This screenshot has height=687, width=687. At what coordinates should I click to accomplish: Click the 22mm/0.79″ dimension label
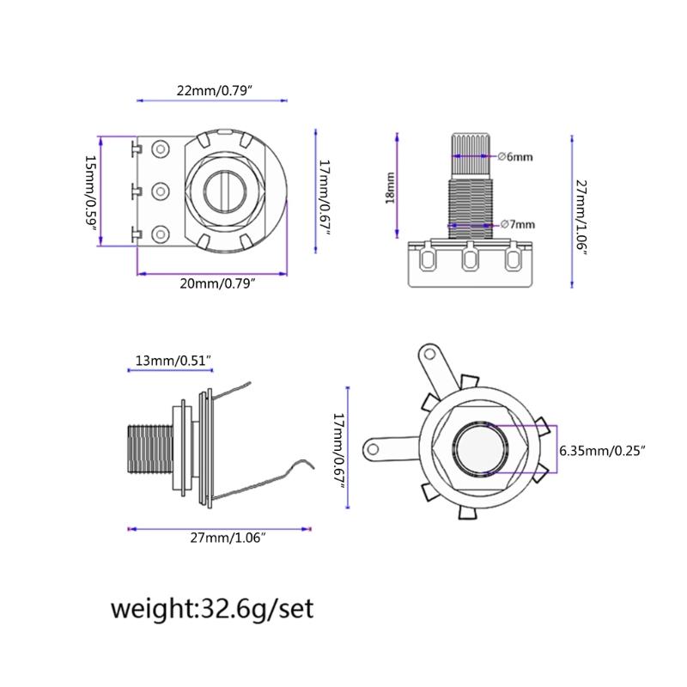click(215, 91)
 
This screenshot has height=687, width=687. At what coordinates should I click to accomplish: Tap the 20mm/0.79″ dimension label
click(217, 283)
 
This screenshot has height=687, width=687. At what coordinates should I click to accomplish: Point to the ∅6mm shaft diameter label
click(515, 156)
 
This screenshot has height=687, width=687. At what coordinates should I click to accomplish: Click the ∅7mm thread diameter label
click(518, 224)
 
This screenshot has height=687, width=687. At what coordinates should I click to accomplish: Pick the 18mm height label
click(390, 188)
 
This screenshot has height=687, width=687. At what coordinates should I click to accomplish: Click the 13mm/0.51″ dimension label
click(173, 361)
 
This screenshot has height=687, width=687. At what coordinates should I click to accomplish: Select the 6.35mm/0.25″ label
click(603, 450)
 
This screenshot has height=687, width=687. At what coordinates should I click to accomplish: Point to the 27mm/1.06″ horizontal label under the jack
click(228, 538)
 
